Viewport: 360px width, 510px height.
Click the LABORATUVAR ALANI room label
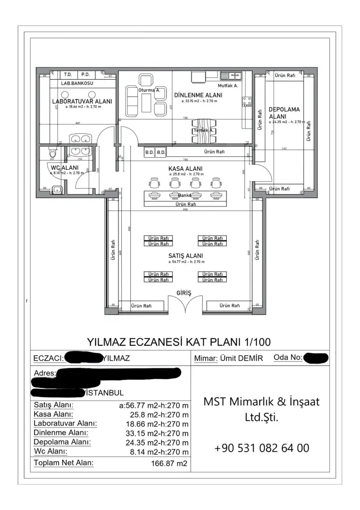(82, 101)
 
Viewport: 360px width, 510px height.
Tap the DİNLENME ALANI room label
(198, 95)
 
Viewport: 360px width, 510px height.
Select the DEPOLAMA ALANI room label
(284, 113)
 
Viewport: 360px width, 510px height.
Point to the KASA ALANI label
(186, 168)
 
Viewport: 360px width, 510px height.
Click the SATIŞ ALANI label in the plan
(186, 256)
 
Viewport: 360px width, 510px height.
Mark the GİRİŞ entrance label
(184, 293)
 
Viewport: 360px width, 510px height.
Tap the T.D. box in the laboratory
(67, 75)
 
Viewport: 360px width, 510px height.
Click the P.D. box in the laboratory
(85, 75)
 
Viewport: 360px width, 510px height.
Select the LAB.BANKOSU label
(77, 84)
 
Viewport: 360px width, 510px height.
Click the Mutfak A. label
(228, 86)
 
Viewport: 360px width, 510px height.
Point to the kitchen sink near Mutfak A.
(231, 75)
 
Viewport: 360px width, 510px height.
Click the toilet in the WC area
(52, 153)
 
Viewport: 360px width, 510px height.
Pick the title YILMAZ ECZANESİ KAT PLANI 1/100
(179, 342)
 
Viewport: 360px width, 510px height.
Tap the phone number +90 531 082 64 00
(262, 448)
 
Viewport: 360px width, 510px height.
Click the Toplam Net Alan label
(63, 463)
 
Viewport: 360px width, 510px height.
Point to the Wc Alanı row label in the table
(51, 451)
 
